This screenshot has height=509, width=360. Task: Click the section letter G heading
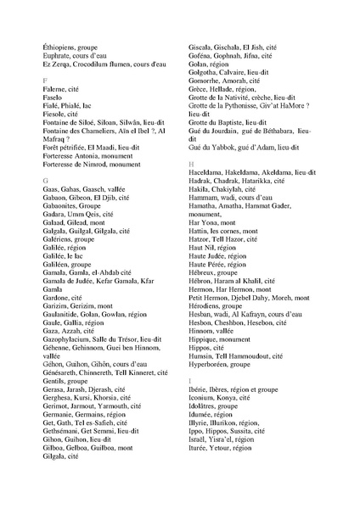coord(44,182)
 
